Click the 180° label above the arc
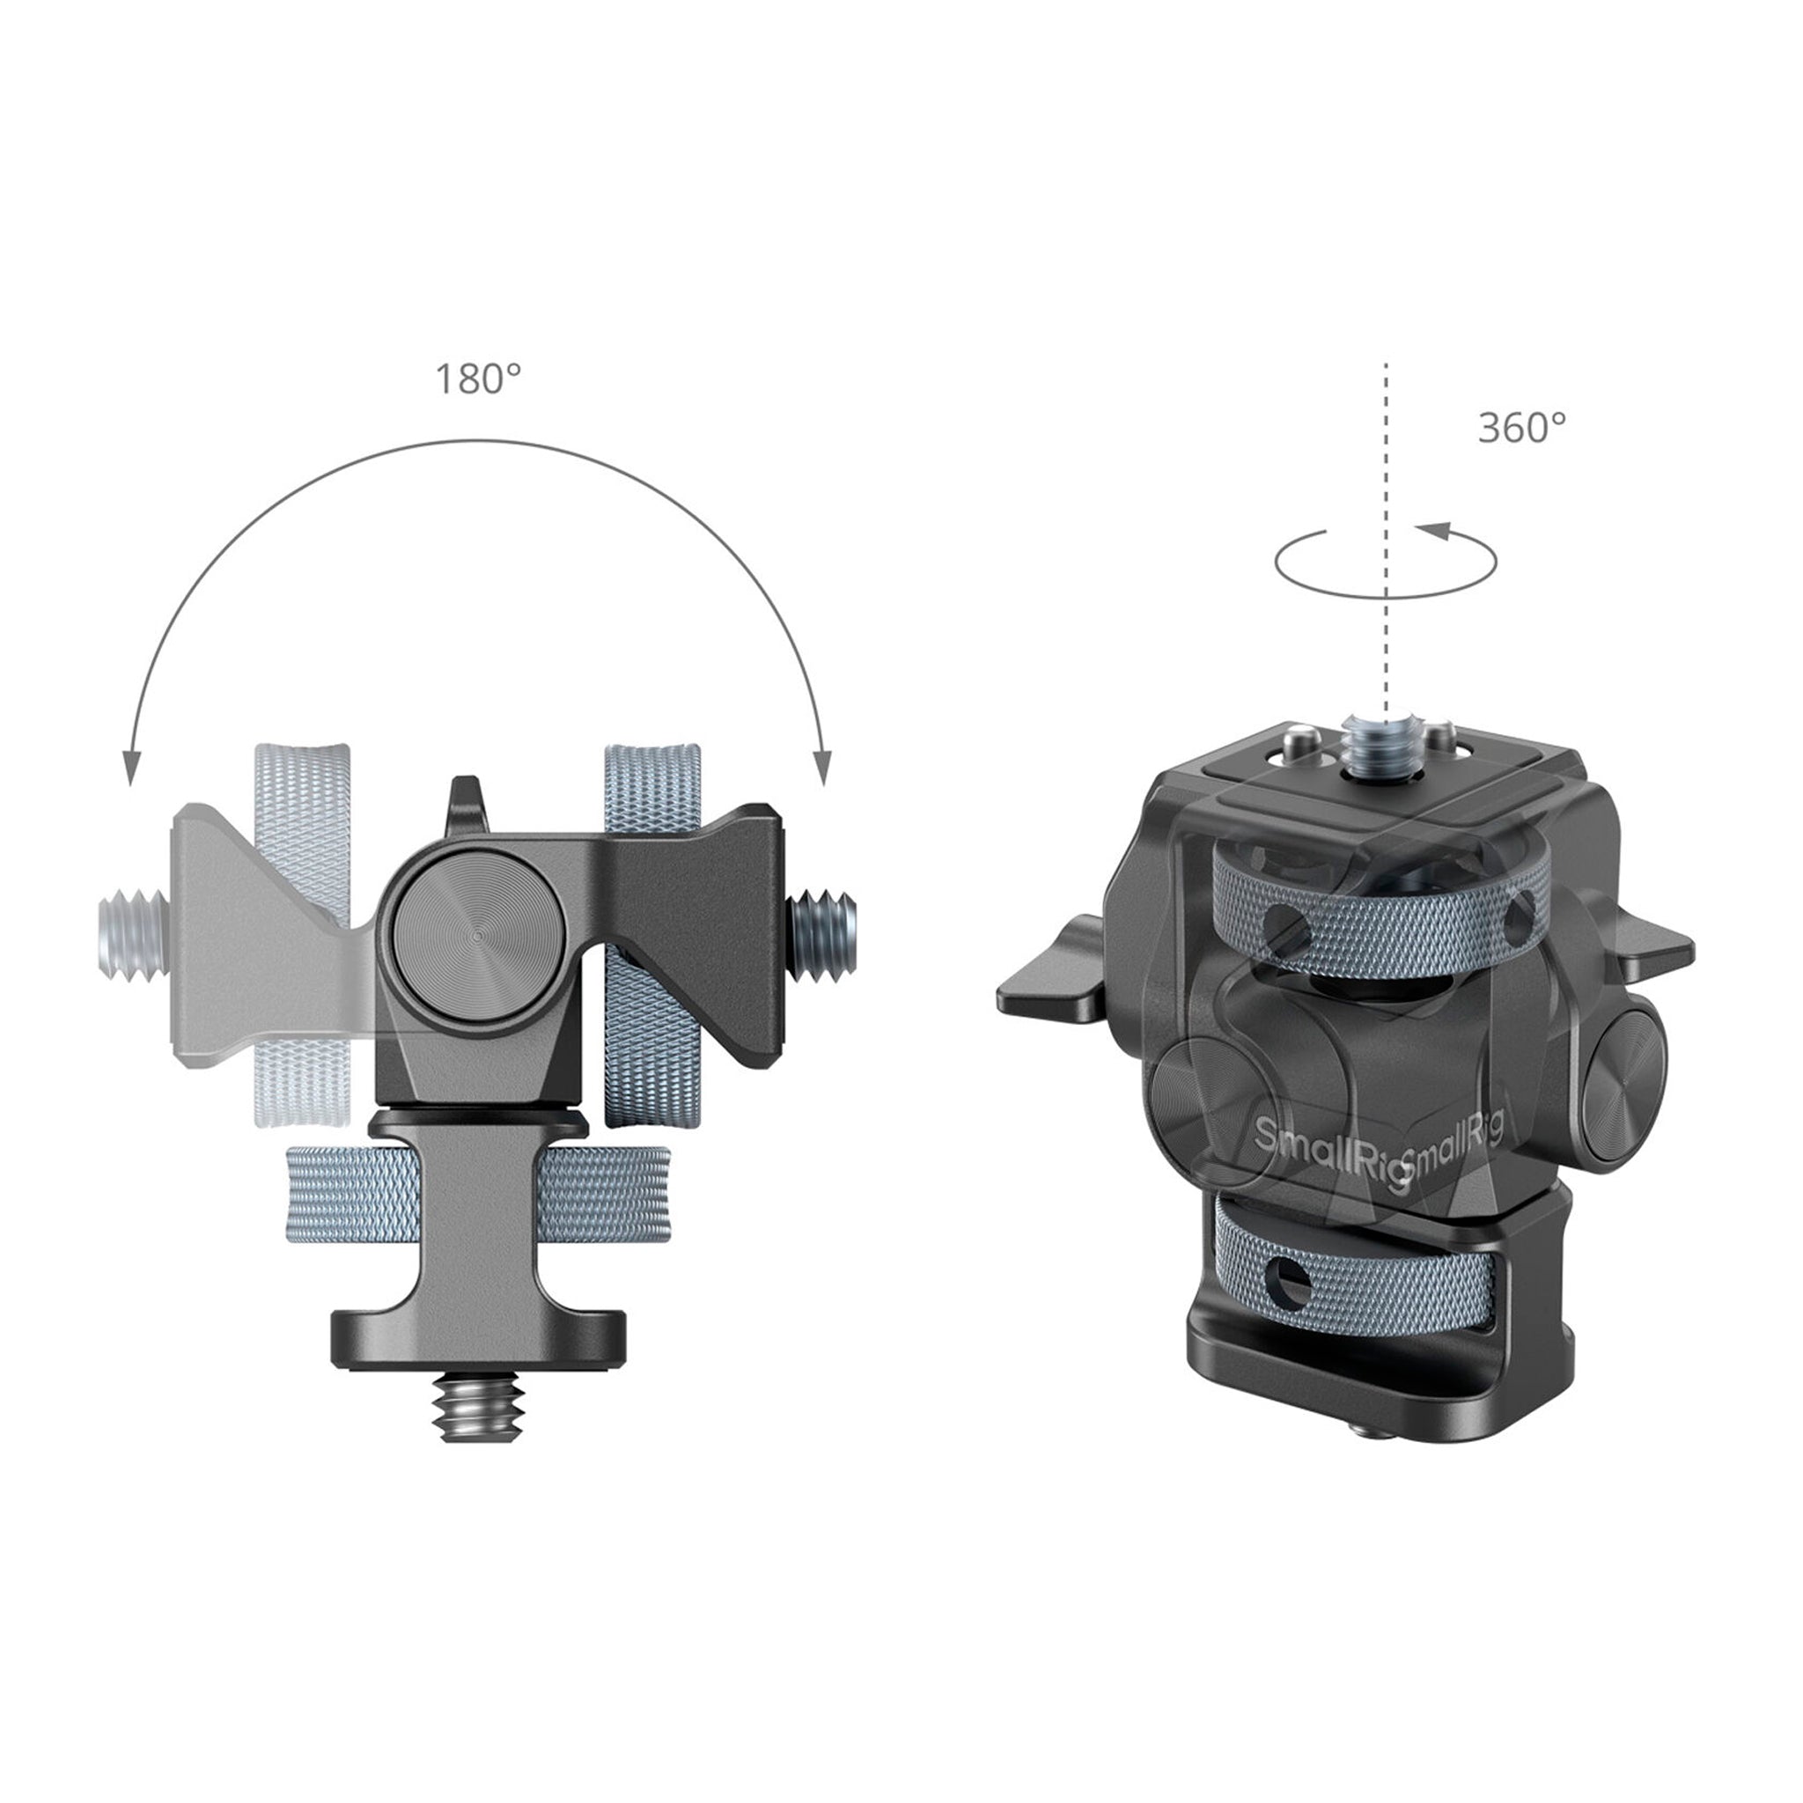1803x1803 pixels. [478, 379]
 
